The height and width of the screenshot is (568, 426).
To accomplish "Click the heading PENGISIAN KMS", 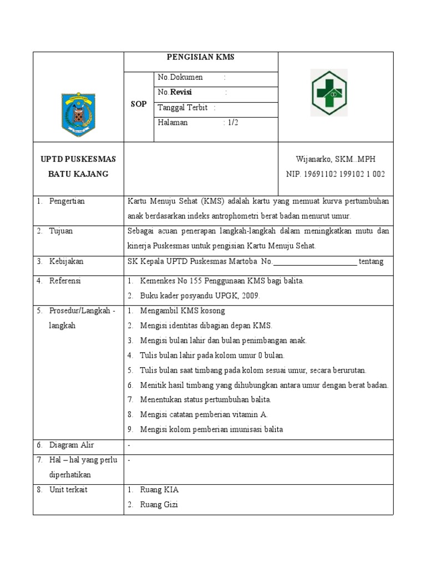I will (201, 57).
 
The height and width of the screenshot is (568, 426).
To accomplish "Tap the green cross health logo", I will (328, 93).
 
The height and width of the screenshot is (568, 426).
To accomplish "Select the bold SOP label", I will (139, 104).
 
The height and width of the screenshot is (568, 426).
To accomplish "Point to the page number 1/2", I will (232, 123).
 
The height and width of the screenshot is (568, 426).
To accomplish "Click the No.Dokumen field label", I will (180, 77).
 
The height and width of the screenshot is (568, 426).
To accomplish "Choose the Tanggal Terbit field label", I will (182, 108).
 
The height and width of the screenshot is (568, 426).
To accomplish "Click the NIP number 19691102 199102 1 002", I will (336, 174).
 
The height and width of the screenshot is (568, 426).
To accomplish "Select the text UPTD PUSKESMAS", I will (78, 159).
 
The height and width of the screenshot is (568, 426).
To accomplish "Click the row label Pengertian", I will (67, 201).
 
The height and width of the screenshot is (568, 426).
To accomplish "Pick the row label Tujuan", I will (61, 231).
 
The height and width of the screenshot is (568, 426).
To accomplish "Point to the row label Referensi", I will (65, 281).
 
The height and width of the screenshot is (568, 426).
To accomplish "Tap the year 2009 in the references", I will (251, 296).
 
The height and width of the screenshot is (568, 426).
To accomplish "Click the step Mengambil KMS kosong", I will (182, 311).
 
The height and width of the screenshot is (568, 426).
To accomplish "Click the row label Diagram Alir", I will (72, 445).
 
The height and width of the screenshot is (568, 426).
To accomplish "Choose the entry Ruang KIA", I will (159, 490).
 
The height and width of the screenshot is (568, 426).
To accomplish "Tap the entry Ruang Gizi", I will (159, 505).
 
